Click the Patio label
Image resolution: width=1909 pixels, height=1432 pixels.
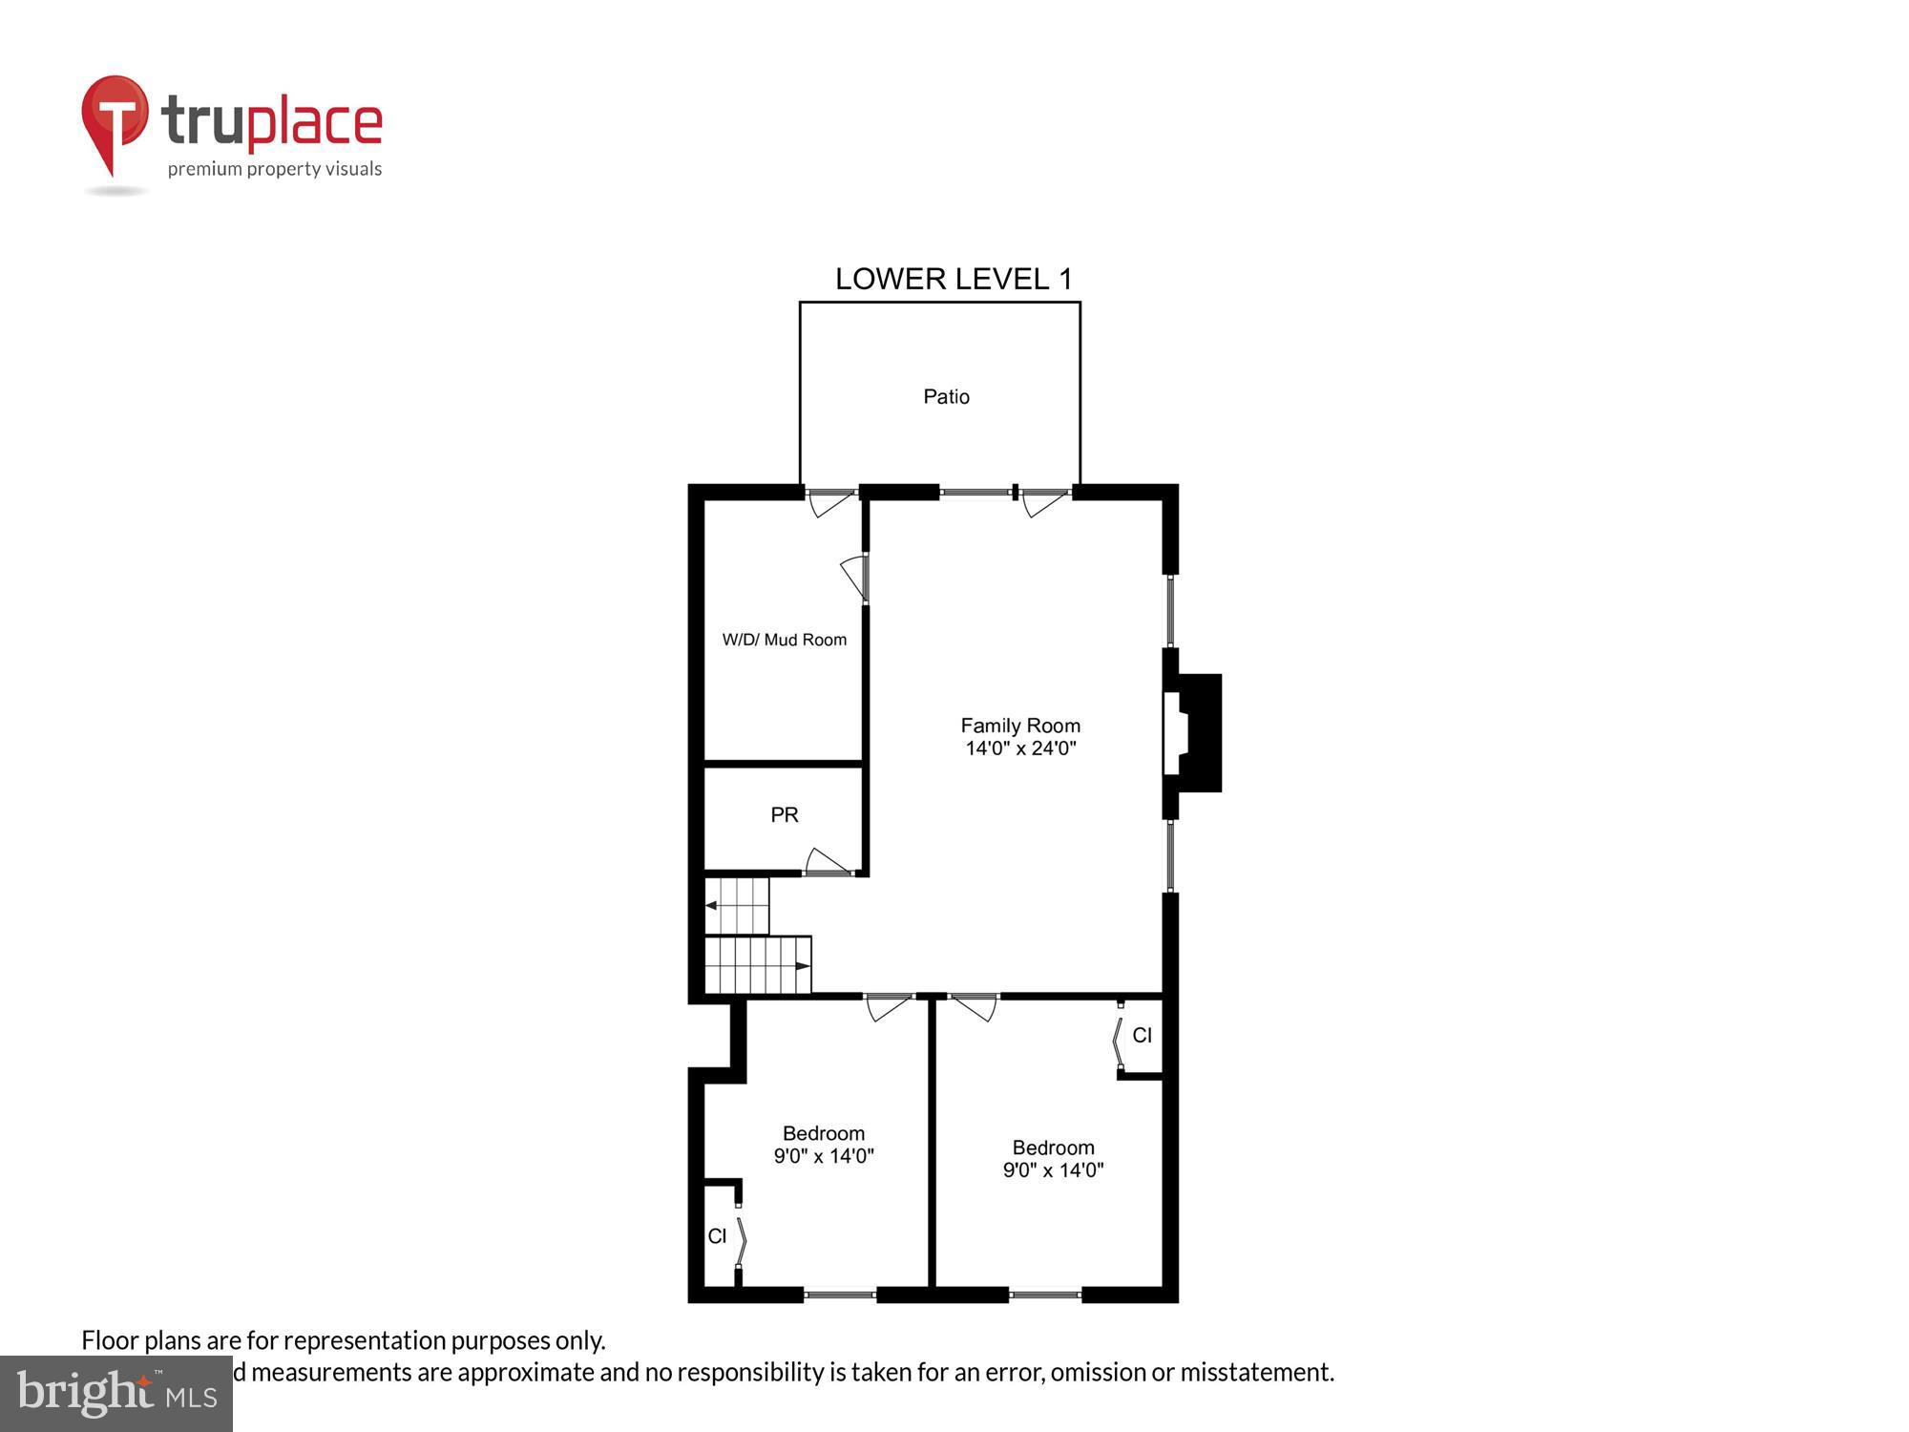pyautogui.click(x=946, y=396)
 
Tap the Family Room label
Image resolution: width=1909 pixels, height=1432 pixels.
pyautogui.click(x=1020, y=726)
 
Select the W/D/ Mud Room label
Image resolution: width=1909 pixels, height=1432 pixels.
pyautogui.click(x=784, y=640)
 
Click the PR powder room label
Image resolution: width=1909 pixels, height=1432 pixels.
pyautogui.click(x=785, y=814)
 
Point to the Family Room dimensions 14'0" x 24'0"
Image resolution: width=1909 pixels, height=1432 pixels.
pyautogui.click(x=1020, y=748)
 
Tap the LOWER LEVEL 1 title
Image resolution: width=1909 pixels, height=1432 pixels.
pyautogui.click(x=954, y=279)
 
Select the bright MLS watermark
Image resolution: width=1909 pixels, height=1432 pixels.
pyautogui.click(x=116, y=1394)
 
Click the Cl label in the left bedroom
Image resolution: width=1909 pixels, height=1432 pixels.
pyautogui.click(x=718, y=1236)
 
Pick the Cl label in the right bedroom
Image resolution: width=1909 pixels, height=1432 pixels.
pyautogui.click(x=1142, y=1035)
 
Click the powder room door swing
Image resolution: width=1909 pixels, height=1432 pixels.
pyautogui.click(x=827, y=861)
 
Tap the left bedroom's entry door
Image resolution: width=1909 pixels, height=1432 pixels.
pyautogui.click(x=889, y=1007)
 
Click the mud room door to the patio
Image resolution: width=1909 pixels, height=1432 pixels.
pyautogui.click(x=829, y=501)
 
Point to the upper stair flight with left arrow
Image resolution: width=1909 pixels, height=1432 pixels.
pyautogui.click(x=737, y=905)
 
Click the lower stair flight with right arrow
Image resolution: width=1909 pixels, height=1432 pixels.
pyautogui.click(x=758, y=965)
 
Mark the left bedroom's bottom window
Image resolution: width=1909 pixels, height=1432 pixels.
pyautogui.click(x=840, y=1295)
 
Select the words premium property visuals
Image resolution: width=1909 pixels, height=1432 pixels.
pyautogui.click(x=275, y=169)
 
